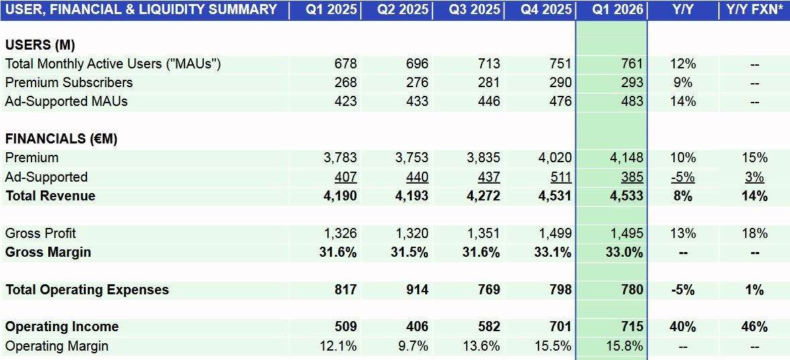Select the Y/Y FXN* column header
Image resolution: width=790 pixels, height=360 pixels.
[x=754, y=9]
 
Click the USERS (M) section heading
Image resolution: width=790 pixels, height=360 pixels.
[x=40, y=45]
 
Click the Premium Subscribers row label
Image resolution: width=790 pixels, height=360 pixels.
[x=68, y=82]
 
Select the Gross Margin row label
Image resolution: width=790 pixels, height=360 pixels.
[x=48, y=252]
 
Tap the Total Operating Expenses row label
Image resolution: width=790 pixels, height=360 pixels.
[x=87, y=290]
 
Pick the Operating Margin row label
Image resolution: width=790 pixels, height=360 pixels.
[x=56, y=346]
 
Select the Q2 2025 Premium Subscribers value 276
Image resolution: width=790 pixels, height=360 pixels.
[x=416, y=82]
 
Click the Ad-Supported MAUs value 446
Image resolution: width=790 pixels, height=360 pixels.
[x=488, y=101]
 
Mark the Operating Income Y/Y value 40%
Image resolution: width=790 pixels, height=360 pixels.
[x=683, y=326]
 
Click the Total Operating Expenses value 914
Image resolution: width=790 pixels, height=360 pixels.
[x=416, y=290]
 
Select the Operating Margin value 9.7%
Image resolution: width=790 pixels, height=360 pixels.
[x=412, y=346]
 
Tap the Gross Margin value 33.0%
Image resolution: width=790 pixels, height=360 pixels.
[x=624, y=252]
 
